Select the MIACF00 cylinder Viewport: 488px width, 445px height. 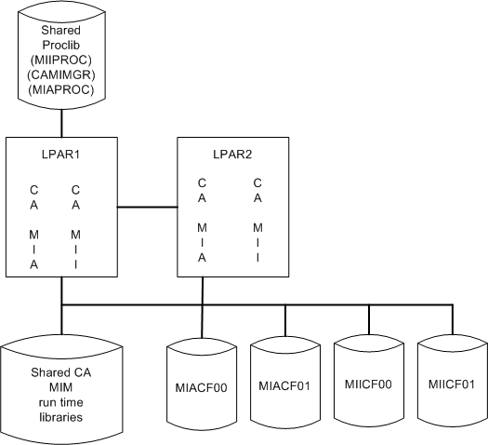tap(201, 384)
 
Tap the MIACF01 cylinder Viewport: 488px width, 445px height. tap(284, 384)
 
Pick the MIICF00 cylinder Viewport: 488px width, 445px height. tap(369, 384)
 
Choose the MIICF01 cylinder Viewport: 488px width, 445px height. tap(453, 384)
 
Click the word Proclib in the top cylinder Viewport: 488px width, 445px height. tap(61, 42)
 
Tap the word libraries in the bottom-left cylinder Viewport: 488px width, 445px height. tap(61, 416)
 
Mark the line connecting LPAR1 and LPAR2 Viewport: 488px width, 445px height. tap(147, 206)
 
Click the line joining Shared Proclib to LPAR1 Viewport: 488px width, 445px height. tap(61, 124)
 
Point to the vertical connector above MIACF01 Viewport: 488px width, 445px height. tap(284, 319)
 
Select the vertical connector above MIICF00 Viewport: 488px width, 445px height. tap(369, 319)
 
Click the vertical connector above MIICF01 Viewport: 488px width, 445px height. tap(453, 319)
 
